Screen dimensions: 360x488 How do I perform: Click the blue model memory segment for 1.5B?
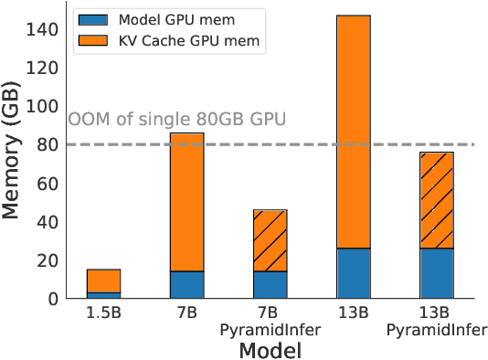coord(103,295)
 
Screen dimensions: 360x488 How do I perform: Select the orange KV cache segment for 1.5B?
coord(103,281)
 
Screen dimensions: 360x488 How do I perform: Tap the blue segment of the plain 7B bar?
coord(186,284)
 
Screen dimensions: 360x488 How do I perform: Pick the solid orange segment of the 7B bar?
coord(186,202)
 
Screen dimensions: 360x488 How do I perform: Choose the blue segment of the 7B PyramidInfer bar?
coord(270,284)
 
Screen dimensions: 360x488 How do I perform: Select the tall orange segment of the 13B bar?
coord(354,132)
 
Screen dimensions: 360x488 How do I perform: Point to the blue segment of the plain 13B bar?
coord(354,273)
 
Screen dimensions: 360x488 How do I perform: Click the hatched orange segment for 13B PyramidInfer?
coord(437,200)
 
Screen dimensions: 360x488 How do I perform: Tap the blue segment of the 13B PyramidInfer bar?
coord(437,273)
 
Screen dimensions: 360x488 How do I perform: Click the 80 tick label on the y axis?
coord(49,144)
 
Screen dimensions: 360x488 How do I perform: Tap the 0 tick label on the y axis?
coord(54,299)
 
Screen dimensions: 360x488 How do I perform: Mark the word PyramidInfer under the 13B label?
coord(437,329)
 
